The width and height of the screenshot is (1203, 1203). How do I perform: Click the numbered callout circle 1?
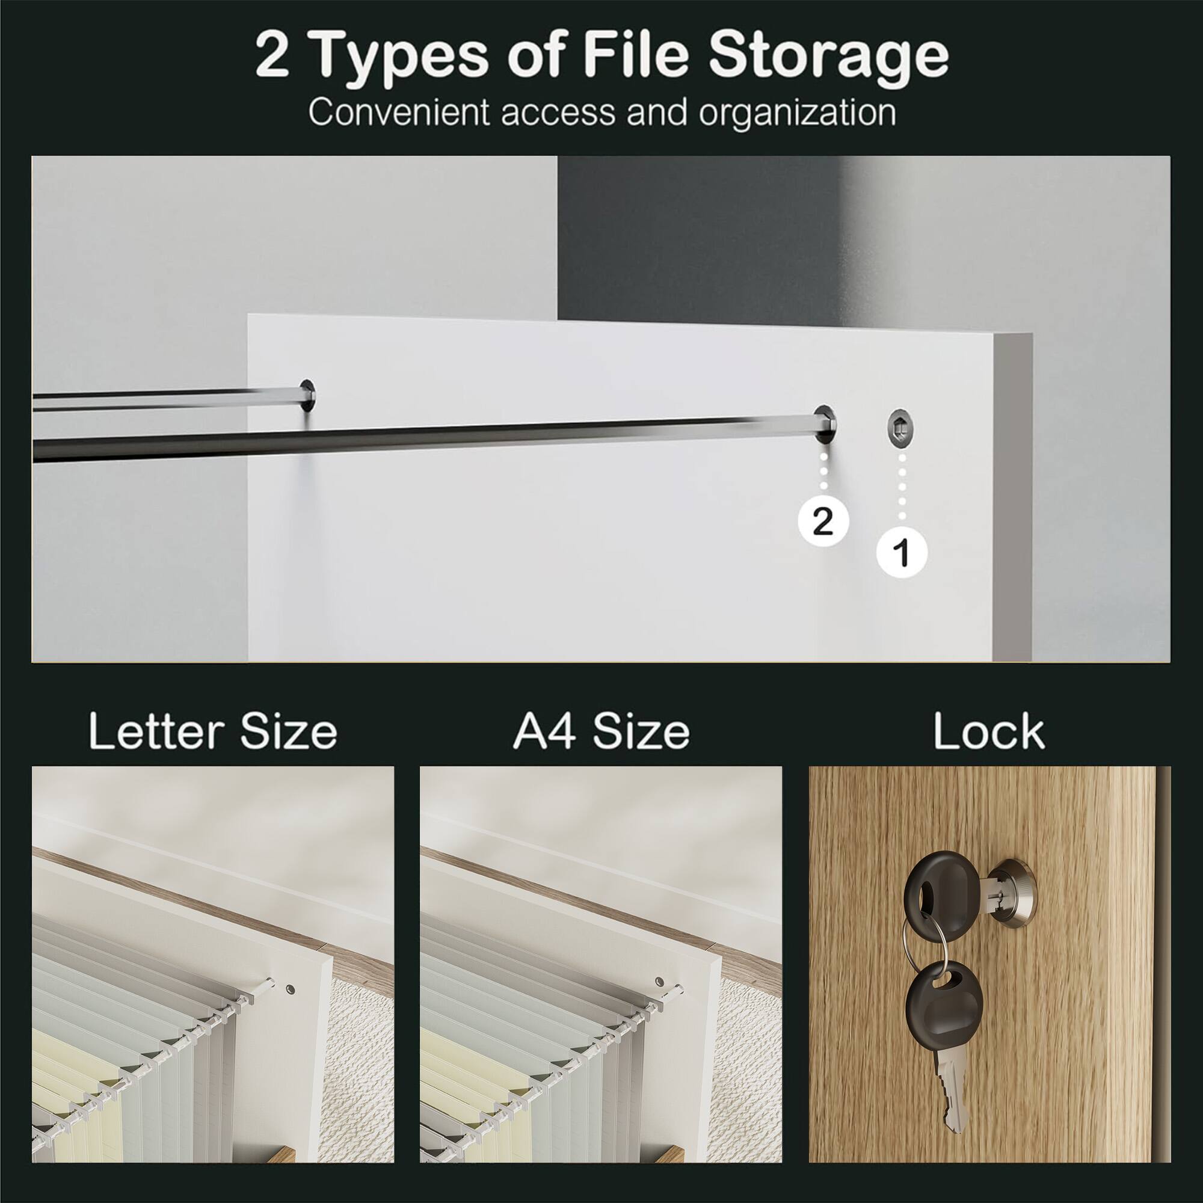[x=902, y=552]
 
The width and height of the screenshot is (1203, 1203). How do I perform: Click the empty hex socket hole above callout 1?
[x=899, y=429]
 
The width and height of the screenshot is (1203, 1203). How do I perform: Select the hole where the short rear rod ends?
[x=308, y=395]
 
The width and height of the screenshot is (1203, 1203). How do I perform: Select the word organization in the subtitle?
[x=797, y=112]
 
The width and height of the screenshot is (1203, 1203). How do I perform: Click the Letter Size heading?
[x=213, y=730]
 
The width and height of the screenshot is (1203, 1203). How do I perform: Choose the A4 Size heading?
[x=601, y=730]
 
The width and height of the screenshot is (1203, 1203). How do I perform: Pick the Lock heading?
[x=989, y=730]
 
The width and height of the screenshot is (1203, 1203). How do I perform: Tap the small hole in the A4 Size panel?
[x=660, y=982]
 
